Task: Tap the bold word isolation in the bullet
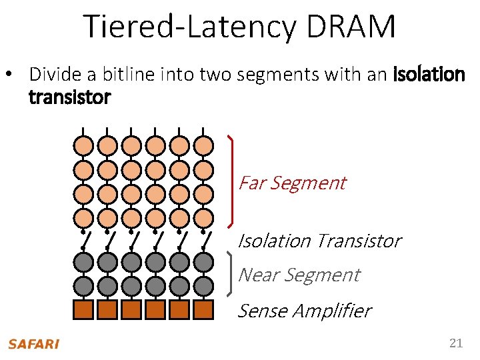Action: pyautogui.click(x=428, y=74)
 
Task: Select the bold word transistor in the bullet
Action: pyautogui.click(x=70, y=98)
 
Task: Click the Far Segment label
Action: pyautogui.click(x=292, y=183)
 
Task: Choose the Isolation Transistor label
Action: pyautogui.click(x=319, y=240)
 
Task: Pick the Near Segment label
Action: pyautogui.click(x=299, y=275)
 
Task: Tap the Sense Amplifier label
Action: pyautogui.click(x=304, y=311)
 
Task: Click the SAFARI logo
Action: pyautogui.click(x=33, y=344)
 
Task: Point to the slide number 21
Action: pyautogui.click(x=456, y=343)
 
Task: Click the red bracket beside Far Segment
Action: pyautogui.click(x=231, y=180)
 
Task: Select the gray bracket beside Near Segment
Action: pyautogui.click(x=231, y=273)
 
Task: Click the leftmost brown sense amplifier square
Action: pyautogui.click(x=83, y=309)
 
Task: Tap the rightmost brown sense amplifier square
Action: pyautogui.click(x=203, y=309)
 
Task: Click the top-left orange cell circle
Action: pyautogui.click(x=83, y=145)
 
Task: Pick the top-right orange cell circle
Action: pyautogui.click(x=203, y=145)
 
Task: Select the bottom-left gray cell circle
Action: pyautogui.click(x=83, y=286)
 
